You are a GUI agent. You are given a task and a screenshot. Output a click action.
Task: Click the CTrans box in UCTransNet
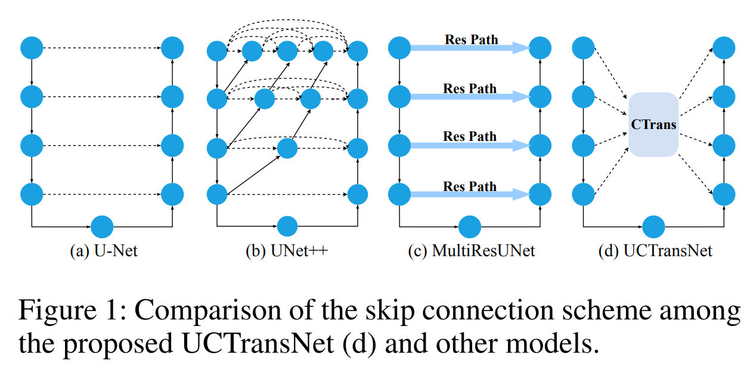click(x=653, y=125)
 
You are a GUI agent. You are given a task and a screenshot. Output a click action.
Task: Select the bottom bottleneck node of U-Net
click(x=102, y=227)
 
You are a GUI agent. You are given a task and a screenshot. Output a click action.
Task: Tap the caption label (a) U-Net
click(x=104, y=250)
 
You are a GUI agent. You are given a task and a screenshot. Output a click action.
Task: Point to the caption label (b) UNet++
click(x=287, y=250)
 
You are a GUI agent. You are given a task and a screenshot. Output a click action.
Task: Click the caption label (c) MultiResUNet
click(x=471, y=250)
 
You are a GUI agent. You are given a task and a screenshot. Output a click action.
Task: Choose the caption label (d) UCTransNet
click(x=655, y=250)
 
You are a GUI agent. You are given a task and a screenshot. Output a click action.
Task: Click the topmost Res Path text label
click(x=471, y=40)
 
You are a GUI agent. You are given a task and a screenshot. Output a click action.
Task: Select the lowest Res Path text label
click(x=470, y=186)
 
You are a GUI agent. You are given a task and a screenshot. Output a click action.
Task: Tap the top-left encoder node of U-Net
click(x=32, y=48)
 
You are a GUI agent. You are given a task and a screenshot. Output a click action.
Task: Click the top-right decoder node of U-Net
click(x=172, y=48)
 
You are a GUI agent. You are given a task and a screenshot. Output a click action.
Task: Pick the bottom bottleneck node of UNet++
click(x=287, y=227)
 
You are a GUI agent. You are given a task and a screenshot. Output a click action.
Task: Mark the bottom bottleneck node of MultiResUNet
click(x=470, y=227)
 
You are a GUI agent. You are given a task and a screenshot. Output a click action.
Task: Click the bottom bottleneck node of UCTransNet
click(x=654, y=227)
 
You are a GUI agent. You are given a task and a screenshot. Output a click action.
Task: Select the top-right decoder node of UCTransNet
click(x=724, y=48)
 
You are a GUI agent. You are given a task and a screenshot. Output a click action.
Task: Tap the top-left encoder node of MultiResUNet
click(x=399, y=48)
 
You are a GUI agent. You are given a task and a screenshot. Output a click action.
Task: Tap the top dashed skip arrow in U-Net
click(x=102, y=48)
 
